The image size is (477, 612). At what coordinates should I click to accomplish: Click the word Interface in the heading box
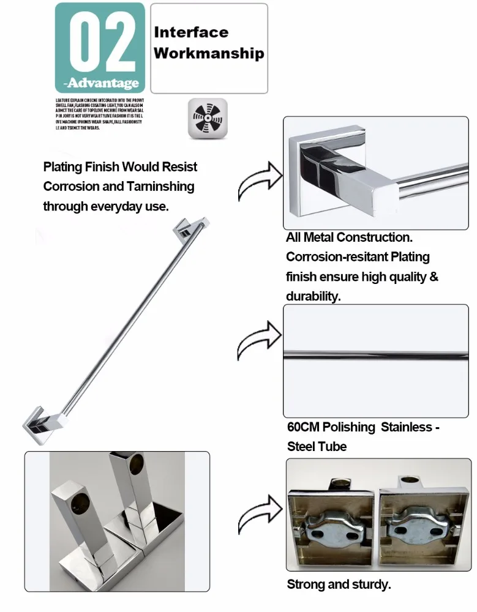click(x=191, y=32)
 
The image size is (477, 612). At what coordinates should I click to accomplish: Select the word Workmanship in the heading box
click(x=209, y=53)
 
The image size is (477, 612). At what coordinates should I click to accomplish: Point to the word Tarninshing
click(x=160, y=186)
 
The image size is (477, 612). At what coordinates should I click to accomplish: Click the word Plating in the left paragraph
click(x=63, y=166)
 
